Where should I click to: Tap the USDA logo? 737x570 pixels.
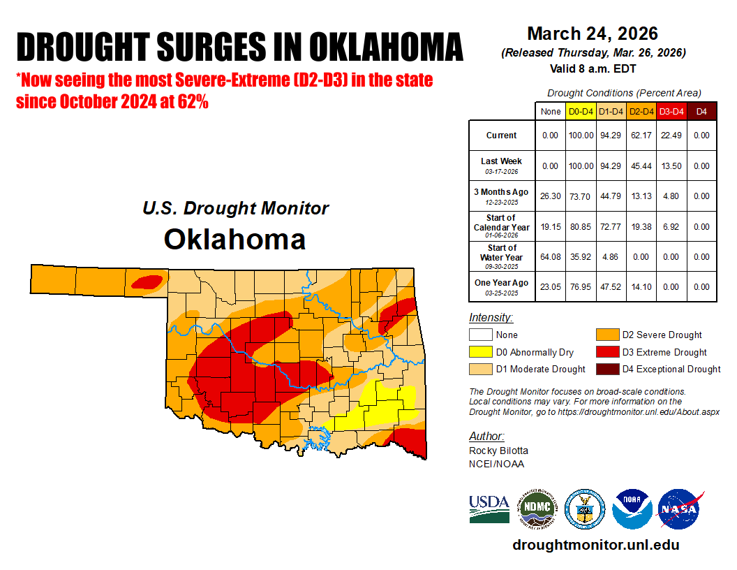click(489, 509)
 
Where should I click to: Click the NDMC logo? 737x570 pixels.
click(537, 509)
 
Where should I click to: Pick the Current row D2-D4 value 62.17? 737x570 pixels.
click(640, 136)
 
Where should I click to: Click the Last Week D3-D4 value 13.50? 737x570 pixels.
click(671, 166)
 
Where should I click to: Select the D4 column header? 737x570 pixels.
click(701, 111)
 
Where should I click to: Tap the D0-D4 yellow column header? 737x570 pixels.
click(581, 111)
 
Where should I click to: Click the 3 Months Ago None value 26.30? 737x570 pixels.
click(551, 196)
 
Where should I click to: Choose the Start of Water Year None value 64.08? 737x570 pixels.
click(551, 256)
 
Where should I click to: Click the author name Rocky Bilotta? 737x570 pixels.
click(498, 451)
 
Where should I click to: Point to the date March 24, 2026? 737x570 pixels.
click(593, 34)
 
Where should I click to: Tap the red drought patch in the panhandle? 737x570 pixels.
click(147, 282)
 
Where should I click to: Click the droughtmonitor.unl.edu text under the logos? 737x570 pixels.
click(595, 545)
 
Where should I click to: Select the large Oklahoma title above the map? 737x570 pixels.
click(234, 239)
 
